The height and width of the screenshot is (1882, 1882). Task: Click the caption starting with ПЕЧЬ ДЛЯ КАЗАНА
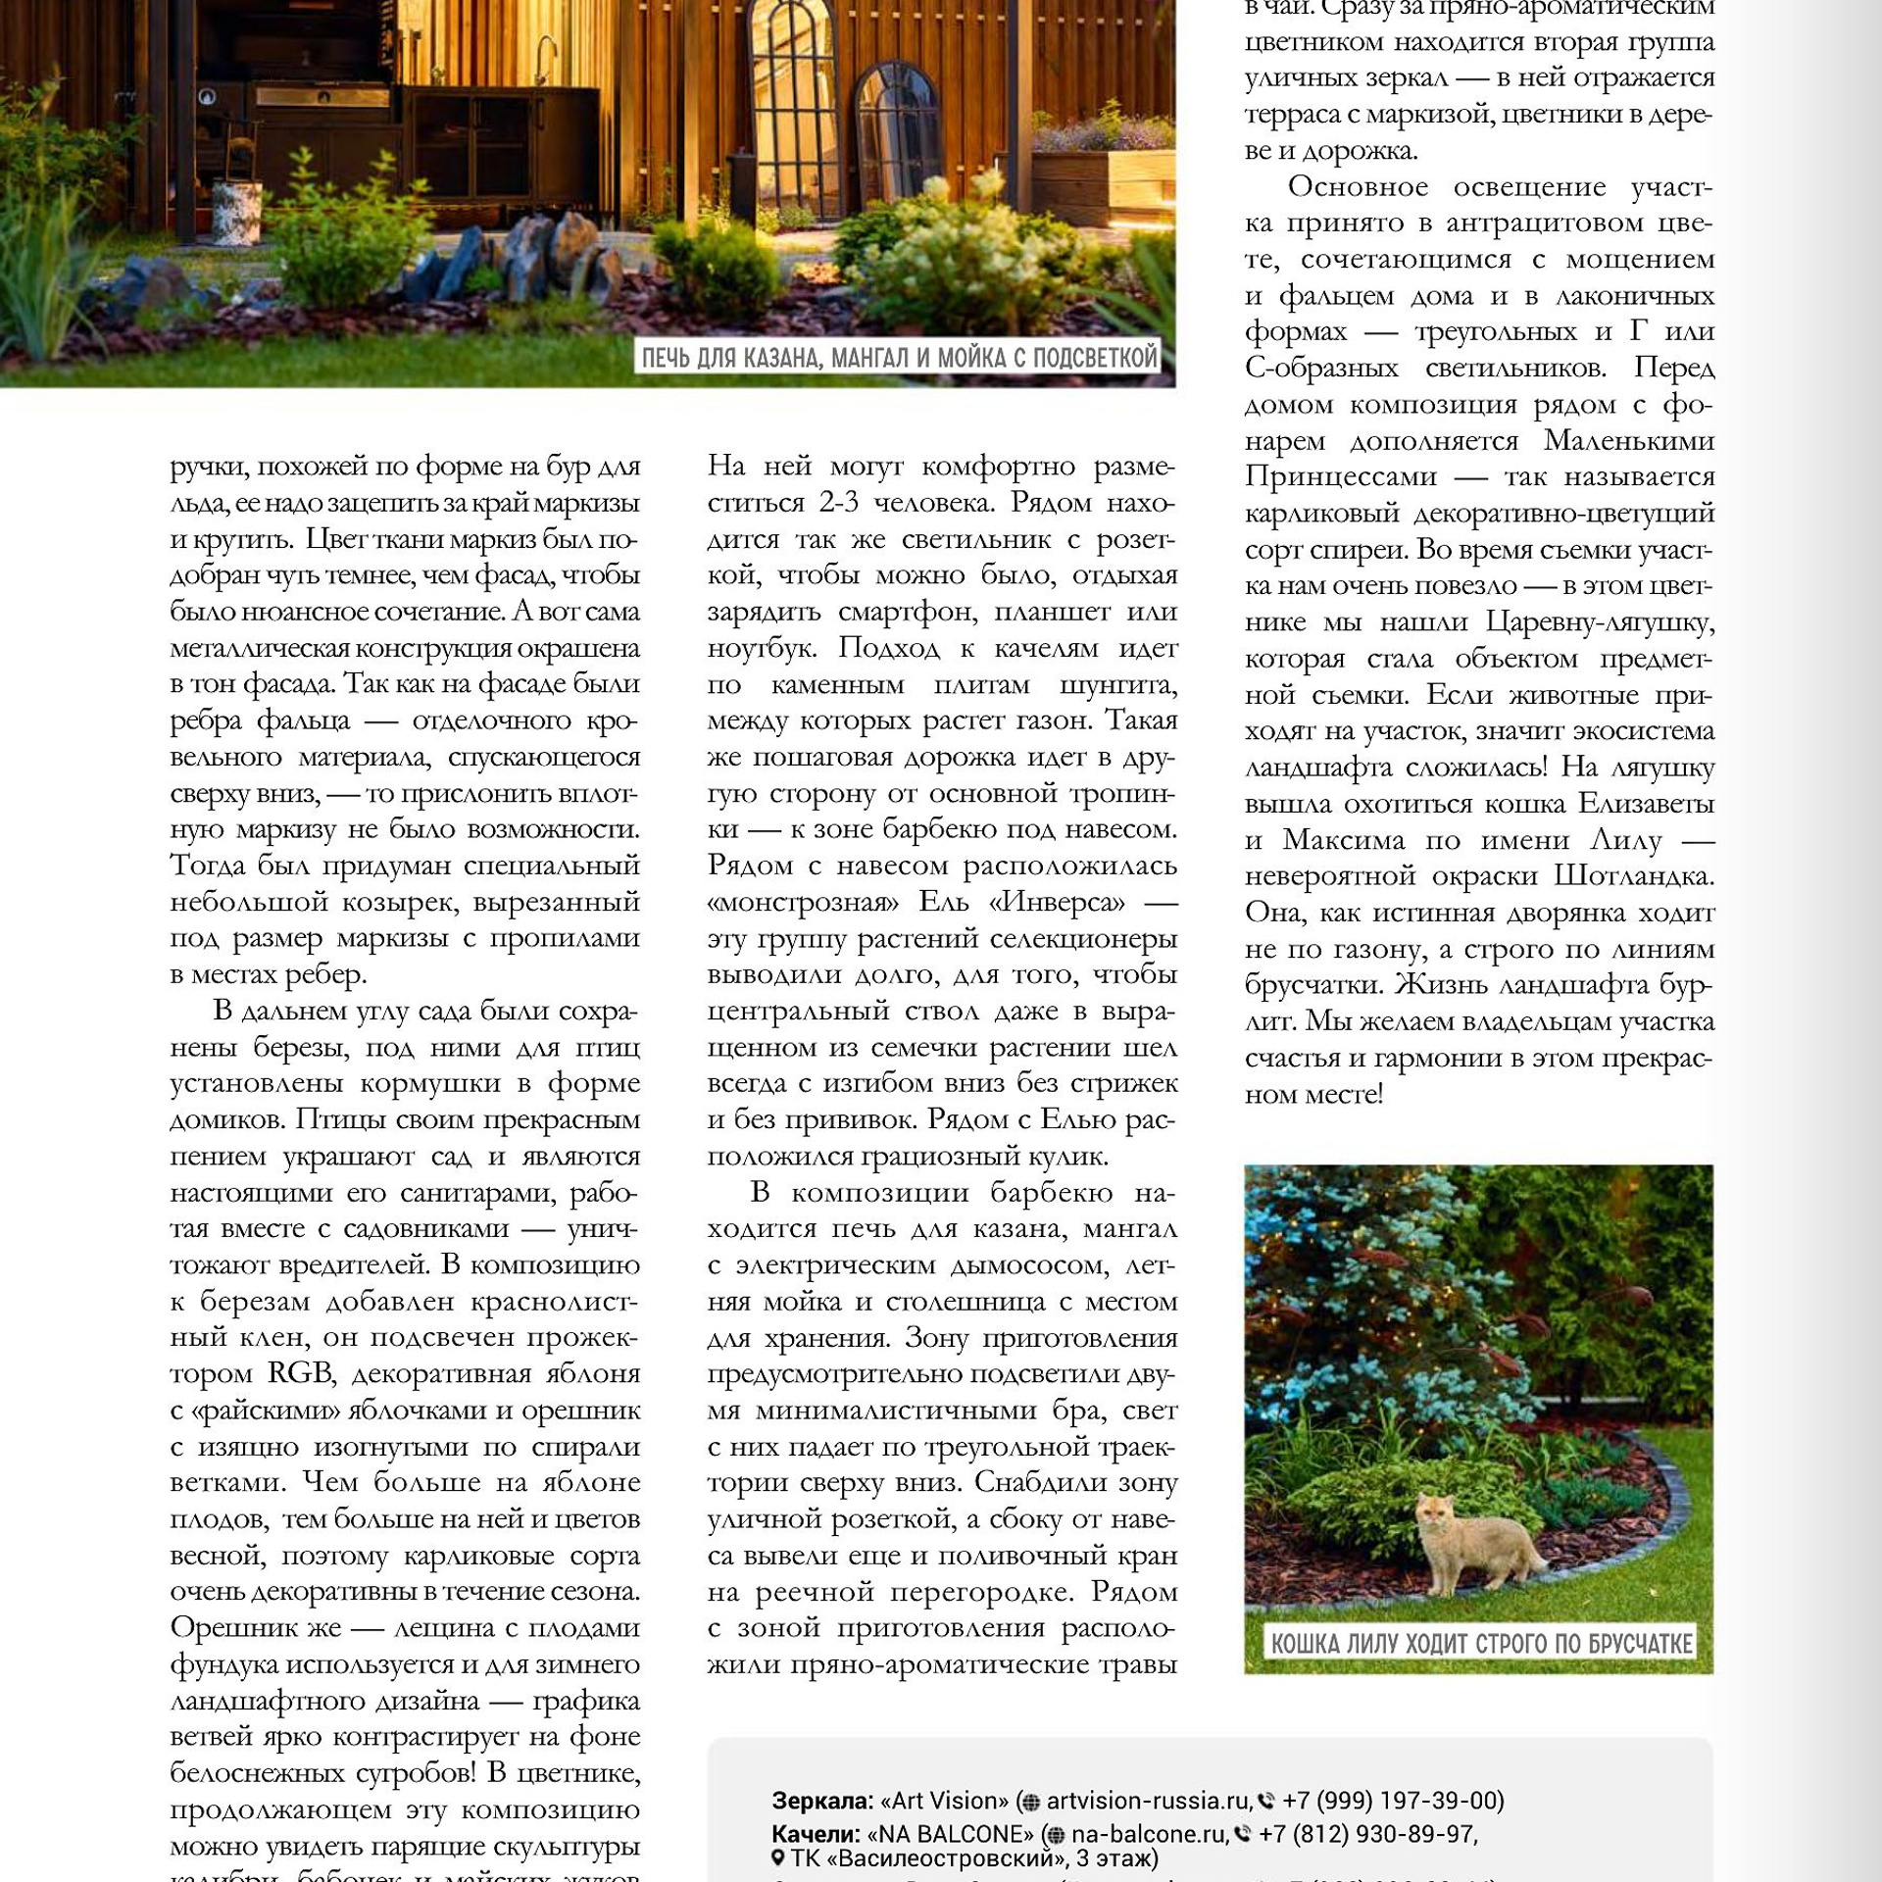tap(899, 358)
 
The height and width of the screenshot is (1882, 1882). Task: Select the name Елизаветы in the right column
tap(1646, 803)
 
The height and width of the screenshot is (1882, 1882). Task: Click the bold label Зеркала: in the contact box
tap(821, 1801)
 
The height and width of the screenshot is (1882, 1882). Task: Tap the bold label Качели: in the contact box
tap(816, 1833)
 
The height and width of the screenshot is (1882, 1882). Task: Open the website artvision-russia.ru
tap(1148, 1801)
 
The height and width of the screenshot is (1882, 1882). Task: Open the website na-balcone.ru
tap(1148, 1833)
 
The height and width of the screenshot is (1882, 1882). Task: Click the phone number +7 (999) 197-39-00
tap(1392, 1801)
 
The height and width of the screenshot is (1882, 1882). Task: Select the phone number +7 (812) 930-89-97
tap(1367, 1833)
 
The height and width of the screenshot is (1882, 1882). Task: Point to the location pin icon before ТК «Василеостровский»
tap(778, 1857)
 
